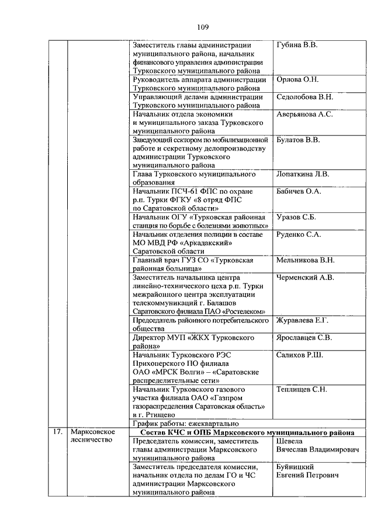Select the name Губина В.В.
tap(297, 45)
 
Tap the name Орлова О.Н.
tap(296, 79)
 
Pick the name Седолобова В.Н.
tap(304, 97)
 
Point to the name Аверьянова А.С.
tap(304, 114)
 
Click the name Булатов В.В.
tap(297, 140)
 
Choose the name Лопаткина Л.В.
tap(303, 174)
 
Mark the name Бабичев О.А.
tap(299, 191)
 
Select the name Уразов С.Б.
tap(296, 217)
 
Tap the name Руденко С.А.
tap(298, 235)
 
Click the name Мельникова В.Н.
tap(305, 260)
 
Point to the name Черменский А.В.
tap(304, 278)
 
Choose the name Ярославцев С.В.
tap(304, 338)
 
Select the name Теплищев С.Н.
tap(302, 389)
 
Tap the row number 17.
tap(57, 432)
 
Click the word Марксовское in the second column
tap(92, 432)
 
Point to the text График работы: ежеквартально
tap(186, 424)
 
